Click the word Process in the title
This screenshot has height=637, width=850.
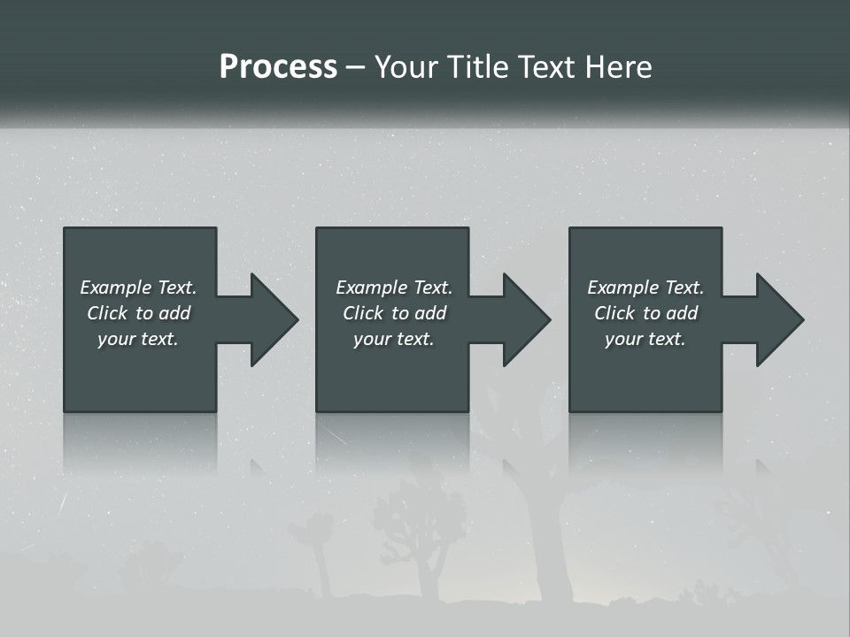point(278,67)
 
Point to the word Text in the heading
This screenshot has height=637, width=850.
point(545,67)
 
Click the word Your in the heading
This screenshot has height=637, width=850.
point(406,67)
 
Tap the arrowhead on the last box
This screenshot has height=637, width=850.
point(778,319)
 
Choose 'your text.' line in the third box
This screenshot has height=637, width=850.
point(645,339)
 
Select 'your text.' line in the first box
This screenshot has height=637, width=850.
point(138,339)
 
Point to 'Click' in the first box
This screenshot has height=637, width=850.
point(106,313)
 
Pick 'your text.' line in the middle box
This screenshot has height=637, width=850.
point(393,339)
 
